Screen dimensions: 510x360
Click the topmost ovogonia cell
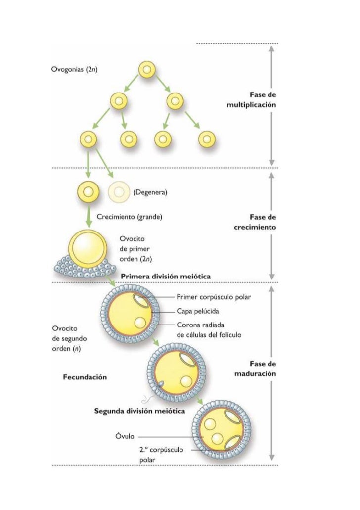click(146, 71)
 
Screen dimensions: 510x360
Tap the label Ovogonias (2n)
click(75, 69)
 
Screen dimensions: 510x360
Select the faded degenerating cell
click(117, 191)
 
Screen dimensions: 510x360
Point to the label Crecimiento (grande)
click(130, 216)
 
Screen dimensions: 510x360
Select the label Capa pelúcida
click(198, 312)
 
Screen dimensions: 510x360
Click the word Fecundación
click(85, 377)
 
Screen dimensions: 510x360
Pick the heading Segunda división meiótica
click(139, 411)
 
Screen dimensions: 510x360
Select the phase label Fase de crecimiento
click(254, 223)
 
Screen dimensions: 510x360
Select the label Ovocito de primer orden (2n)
click(136, 248)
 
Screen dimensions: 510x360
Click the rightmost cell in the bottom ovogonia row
click(205, 140)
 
